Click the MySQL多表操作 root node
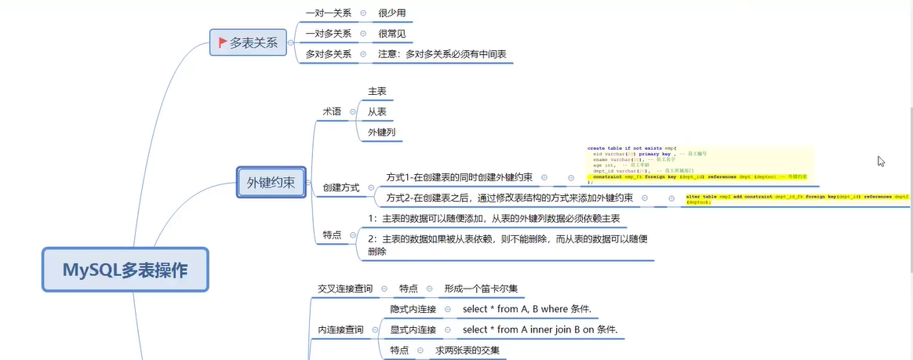[x=125, y=271]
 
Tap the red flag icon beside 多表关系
[x=222, y=42]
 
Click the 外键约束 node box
[x=271, y=183]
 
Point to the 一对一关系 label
[x=328, y=13]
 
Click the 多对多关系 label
[x=328, y=54]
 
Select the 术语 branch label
[x=332, y=111]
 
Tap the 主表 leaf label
[x=376, y=92]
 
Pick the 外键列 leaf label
[x=381, y=133]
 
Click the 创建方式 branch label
[x=341, y=187]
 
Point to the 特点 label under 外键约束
[x=332, y=235]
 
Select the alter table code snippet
[x=796, y=198]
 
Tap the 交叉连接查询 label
[x=344, y=289]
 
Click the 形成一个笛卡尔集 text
[x=479, y=289]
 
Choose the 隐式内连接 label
[x=413, y=309]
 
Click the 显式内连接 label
[x=413, y=329]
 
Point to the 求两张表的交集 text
[x=467, y=350]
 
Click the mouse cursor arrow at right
[x=881, y=161]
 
